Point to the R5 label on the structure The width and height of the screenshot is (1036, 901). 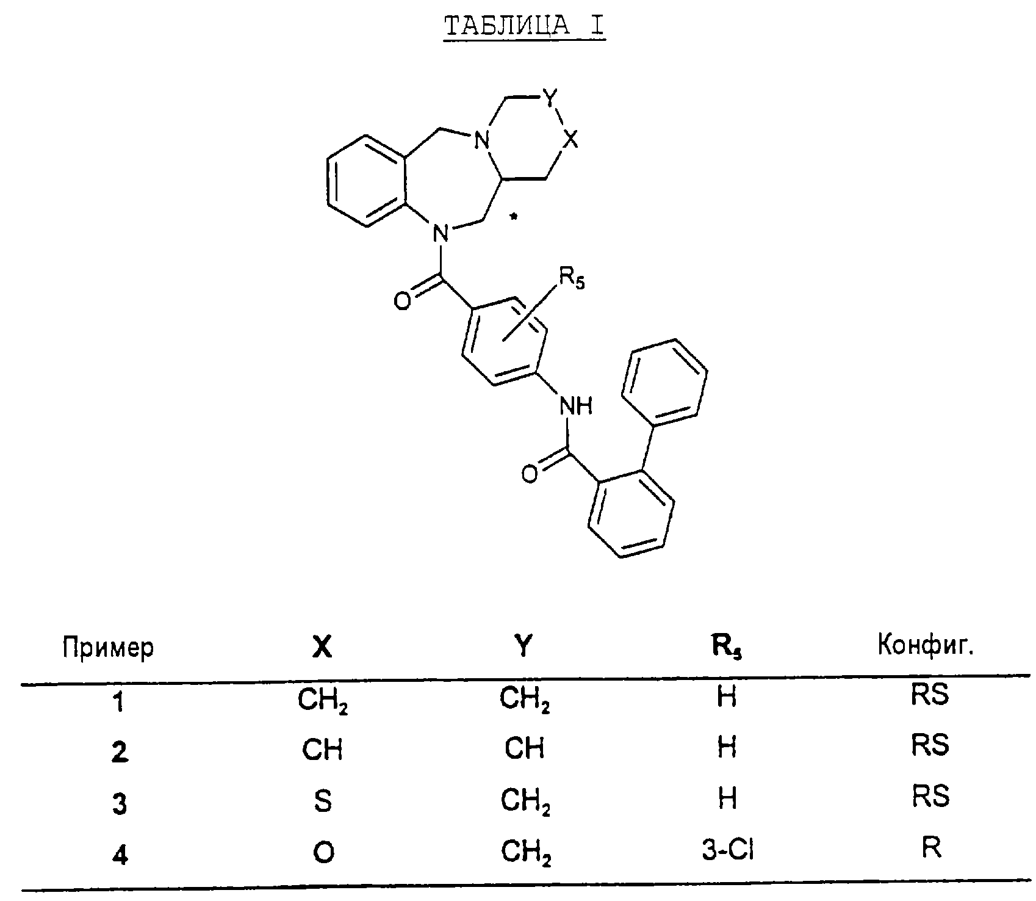tap(571, 280)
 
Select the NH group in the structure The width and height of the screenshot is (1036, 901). tap(575, 405)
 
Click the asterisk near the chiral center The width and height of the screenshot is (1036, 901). tap(514, 217)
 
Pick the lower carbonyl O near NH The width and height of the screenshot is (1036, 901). tap(530, 474)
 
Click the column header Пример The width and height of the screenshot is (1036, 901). tap(108, 648)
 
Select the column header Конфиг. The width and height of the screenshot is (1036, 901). tap(925, 646)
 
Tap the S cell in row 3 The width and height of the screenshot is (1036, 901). tap(323, 800)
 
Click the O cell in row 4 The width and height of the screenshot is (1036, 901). tap(323, 852)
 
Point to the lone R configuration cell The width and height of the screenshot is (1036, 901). tap(931, 848)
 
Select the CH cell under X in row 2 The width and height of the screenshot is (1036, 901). tap(323, 749)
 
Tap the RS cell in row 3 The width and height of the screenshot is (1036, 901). tap(930, 797)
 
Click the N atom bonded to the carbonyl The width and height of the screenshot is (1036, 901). tap(439, 233)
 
